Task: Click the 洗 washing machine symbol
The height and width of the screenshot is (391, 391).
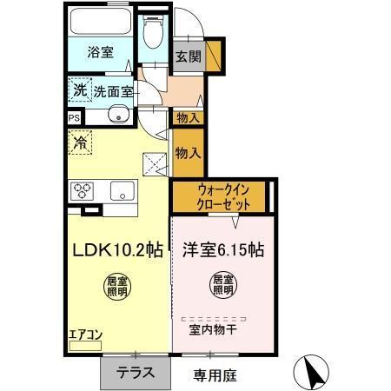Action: tap(80, 89)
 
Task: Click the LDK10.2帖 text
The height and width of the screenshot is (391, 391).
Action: tap(116, 249)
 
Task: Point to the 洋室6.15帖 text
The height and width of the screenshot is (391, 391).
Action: tap(223, 249)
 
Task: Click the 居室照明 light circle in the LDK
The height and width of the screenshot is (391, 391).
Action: tap(116, 286)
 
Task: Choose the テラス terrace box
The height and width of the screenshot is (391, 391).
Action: tap(136, 374)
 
